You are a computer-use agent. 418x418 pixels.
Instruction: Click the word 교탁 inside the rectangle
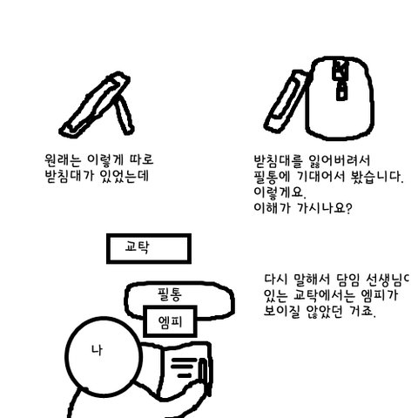[137, 247]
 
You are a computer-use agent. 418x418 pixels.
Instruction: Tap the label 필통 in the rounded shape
[170, 294]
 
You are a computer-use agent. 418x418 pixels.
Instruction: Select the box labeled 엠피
[170, 321]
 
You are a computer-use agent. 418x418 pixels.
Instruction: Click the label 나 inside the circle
[97, 350]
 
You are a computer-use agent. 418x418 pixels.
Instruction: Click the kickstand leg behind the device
[124, 115]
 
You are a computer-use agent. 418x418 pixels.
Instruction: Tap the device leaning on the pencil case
[286, 102]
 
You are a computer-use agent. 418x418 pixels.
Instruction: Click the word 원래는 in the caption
[63, 159]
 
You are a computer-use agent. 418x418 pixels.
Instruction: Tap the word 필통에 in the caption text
[272, 177]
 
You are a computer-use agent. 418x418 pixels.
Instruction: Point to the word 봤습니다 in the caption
[377, 177]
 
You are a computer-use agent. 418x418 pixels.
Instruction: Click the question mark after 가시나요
[349, 208]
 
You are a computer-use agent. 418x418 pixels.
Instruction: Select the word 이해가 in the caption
[272, 208]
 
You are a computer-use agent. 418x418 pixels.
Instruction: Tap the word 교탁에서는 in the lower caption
[324, 295]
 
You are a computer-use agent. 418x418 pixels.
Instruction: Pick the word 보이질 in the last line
[281, 311]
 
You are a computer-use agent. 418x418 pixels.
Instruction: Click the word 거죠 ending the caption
[362, 311]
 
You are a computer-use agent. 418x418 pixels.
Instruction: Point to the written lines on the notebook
[183, 368]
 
